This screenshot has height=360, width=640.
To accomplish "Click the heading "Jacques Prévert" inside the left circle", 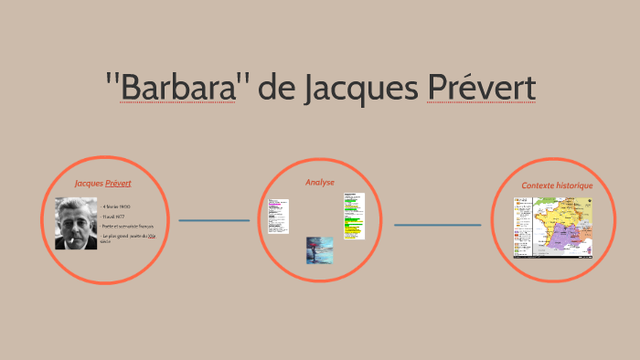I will coord(103,184).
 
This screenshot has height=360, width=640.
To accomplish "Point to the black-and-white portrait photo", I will coord(76,224).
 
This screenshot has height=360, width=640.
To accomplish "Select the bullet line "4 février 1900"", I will coord(117,206).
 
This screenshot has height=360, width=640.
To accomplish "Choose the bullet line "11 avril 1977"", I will coord(115,217).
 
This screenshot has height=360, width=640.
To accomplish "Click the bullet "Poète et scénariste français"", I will coord(127,227).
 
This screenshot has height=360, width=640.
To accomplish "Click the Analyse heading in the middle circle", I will coord(320,183).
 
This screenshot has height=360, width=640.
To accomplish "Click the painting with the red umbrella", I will coord(320,250).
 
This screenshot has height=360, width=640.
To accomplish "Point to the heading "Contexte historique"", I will coord(557,185).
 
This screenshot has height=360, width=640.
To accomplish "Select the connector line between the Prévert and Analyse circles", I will coord(214,220).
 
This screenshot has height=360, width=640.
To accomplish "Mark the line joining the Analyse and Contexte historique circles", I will coord(437,225).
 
